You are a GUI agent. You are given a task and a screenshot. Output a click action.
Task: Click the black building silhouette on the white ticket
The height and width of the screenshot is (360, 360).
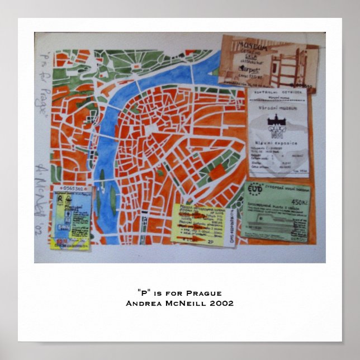[x=278, y=122]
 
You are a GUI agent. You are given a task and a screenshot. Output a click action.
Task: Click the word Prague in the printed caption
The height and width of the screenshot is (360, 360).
[x=204, y=293]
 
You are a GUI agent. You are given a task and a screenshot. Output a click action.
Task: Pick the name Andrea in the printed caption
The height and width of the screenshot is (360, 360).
[x=144, y=304]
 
